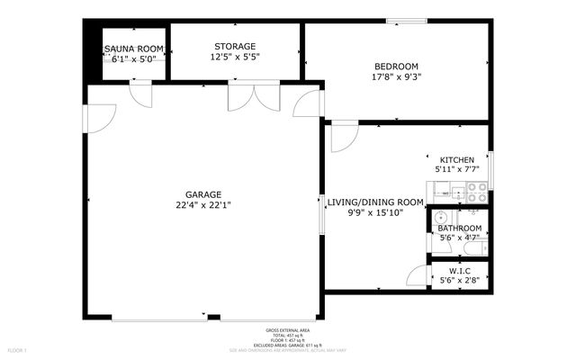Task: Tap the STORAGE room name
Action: coord(235,46)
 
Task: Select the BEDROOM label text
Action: coord(397,67)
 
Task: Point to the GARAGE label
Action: coord(203,193)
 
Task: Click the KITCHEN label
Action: coord(456,159)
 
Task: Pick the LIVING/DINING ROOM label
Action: coord(374,202)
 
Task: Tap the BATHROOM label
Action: coord(459,229)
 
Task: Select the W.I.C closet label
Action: coord(459,271)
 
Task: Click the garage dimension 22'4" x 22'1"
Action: coord(203,204)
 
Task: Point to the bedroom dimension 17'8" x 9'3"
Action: coord(397,77)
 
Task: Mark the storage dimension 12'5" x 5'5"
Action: coord(235,58)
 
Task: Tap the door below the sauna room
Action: coord(142,93)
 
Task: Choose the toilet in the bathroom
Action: coord(481,244)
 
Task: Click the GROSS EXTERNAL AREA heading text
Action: coord(290,330)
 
